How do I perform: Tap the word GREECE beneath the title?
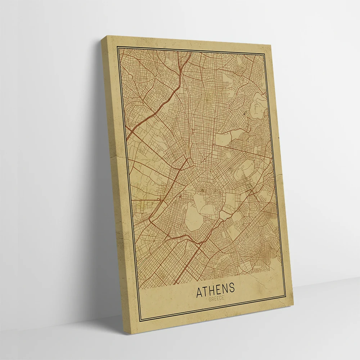tap(216, 298)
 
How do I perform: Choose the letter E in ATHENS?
tap(219, 290)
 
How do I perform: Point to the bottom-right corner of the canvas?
tap(290, 314)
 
